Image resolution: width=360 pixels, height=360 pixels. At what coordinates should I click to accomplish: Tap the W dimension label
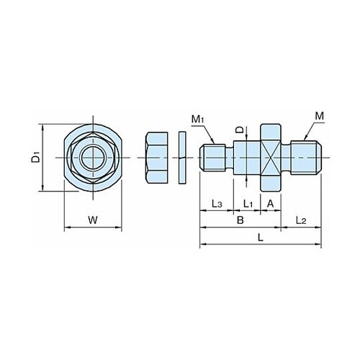coord(93,220)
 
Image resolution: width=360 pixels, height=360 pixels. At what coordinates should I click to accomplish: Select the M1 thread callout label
coord(198,120)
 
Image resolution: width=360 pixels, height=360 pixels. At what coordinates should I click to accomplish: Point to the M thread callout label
coord(320,116)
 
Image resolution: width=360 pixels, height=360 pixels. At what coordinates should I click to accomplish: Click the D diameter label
coord(239,130)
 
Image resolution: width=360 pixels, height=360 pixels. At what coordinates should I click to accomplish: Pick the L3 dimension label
coord(217,204)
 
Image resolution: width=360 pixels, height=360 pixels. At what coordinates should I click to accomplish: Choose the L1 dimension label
coord(248,204)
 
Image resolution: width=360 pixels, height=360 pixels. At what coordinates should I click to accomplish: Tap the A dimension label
coord(271,204)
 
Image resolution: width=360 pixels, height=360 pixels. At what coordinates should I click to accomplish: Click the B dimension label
coord(240,220)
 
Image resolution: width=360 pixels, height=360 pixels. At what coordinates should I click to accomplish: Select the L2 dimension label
coord(301,220)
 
